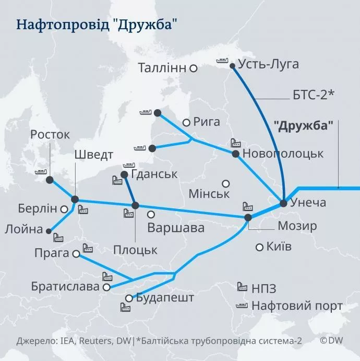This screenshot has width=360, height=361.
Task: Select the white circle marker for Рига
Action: click(186, 123)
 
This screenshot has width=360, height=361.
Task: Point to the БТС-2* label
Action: click(313, 95)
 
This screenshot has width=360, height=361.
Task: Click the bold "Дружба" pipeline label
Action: click(303, 126)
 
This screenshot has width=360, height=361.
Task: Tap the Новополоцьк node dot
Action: click(235, 154)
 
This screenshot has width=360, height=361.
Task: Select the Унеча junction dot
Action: click(283, 203)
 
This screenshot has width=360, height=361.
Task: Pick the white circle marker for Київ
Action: click(259, 247)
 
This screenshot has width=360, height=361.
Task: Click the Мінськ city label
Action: click(209, 194)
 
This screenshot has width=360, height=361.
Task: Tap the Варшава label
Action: click(176, 228)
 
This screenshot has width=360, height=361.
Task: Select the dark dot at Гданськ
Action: click(124, 174)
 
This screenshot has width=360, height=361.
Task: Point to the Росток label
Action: click(50, 135)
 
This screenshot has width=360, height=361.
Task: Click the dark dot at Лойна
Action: click(49, 230)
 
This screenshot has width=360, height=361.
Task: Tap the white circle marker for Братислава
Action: click(106, 287)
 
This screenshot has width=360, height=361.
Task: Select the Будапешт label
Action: click(164, 298)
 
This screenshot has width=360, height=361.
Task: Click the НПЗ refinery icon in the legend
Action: click(242, 286)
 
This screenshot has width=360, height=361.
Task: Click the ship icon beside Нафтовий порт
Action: click(242, 306)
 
